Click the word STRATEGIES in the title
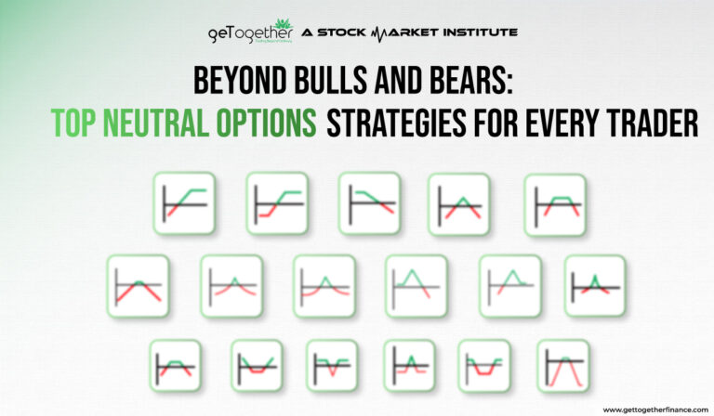(x=406, y=124)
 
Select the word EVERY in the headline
(x=561, y=124)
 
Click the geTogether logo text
(x=249, y=34)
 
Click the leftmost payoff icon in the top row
(x=184, y=202)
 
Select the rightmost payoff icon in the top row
(x=555, y=202)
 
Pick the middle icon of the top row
(x=368, y=202)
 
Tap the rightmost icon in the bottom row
(x=562, y=365)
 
